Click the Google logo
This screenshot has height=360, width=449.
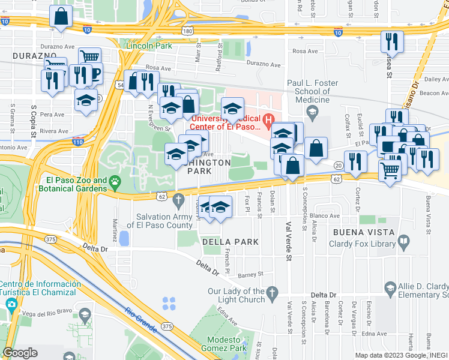(x=20, y=353)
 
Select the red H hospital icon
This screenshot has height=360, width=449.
(x=268, y=119)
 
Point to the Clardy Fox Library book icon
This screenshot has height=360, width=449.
(x=404, y=243)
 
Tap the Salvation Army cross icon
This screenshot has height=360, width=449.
(x=178, y=199)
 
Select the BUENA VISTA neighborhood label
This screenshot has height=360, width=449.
(x=360, y=230)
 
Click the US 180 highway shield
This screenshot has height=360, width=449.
(x=188, y=30)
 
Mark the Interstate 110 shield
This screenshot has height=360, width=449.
(x=77, y=141)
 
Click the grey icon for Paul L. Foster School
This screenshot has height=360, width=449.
(x=311, y=111)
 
